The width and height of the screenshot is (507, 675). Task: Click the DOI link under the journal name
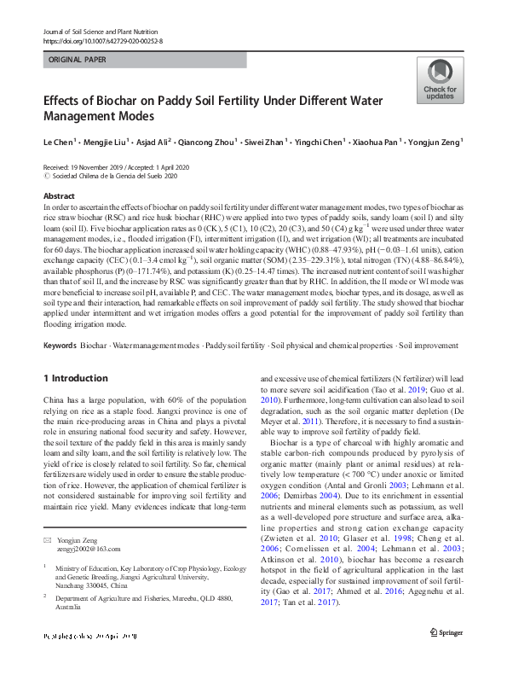pyautogui.click(x=102, y=40)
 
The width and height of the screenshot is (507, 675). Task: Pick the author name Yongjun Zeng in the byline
pyautogui.click(x=433, y=142)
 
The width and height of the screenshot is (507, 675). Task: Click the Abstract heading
pyautogui.click(x=58, y=195)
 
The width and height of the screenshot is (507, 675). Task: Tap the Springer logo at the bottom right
pyautogui.click(x=446, y=655)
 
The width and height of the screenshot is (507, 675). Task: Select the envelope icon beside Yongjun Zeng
pyautogui.click(x=48, y=540)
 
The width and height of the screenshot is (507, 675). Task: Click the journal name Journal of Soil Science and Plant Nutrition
pyautogui.click(x=102, y=32)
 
